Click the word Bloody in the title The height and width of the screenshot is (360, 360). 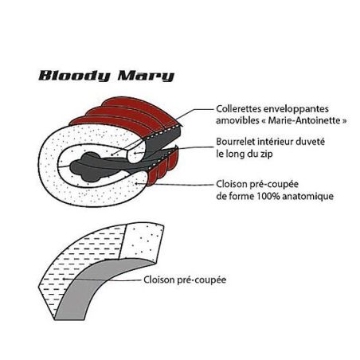point(75,76)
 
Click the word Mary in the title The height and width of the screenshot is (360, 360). point(146,76)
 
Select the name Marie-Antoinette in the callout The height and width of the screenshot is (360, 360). point(304,120)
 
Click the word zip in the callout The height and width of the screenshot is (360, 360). point(266,154)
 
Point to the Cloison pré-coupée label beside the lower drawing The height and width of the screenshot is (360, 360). point(185,280)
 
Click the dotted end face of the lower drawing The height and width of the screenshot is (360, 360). point(141,241)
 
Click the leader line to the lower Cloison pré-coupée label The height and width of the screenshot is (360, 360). point(101,280)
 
